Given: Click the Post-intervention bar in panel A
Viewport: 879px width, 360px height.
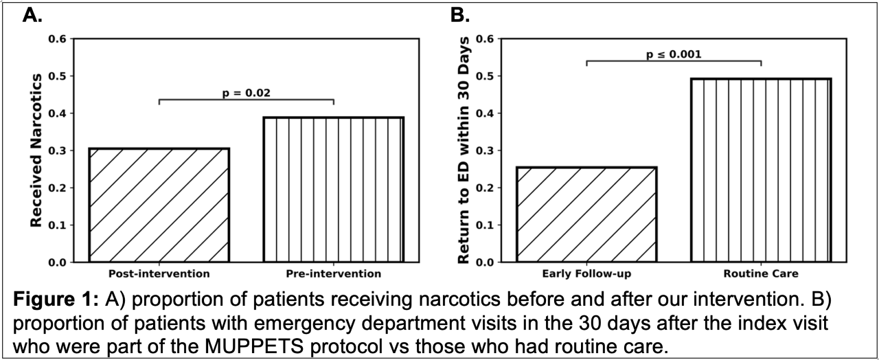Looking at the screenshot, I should (x=159, y=205).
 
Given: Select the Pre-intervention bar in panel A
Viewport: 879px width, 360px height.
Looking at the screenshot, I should (x=333, y=190).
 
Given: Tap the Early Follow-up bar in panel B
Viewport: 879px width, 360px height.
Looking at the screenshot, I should (x=586, y=214).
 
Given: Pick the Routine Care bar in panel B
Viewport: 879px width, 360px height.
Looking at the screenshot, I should (x=761, y=170).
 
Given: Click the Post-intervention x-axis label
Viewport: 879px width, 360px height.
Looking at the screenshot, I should (x=159, y=273).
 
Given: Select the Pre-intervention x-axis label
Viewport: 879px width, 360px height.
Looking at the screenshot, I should (x=333, y=273).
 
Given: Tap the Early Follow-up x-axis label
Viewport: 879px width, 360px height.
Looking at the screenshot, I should (x=586, y=273).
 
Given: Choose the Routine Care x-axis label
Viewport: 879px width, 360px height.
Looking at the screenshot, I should (x=761, y=273).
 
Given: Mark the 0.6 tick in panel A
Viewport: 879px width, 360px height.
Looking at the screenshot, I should (x=60, y=39).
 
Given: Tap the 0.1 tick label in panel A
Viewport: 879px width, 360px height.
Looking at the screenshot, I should (x=60, y=225).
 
